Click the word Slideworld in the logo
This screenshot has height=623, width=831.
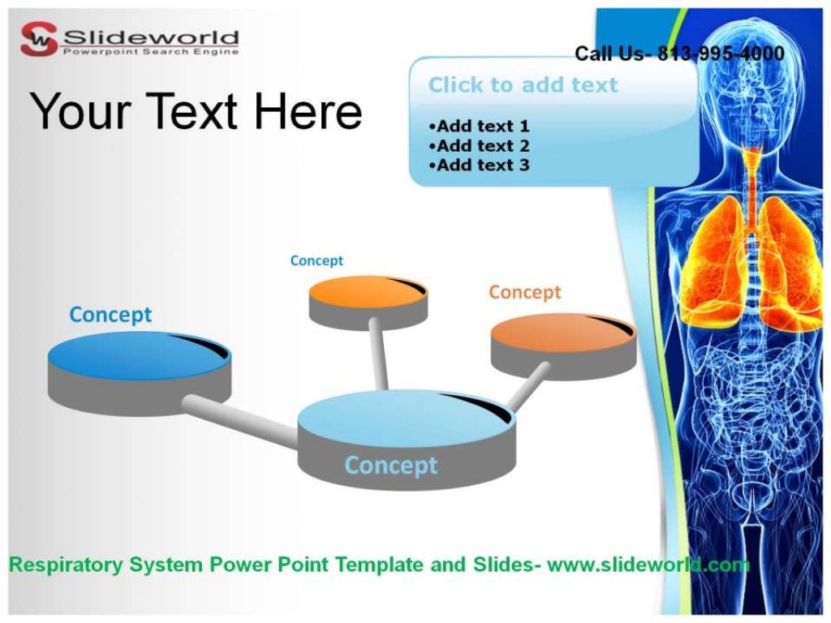[x=151, y=37]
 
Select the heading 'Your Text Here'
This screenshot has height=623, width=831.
[x=196, y=111]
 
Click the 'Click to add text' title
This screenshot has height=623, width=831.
[x=523, y=84]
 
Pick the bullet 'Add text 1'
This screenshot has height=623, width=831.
[x=480, y=126]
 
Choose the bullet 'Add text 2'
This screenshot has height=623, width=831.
[x=480, y=146]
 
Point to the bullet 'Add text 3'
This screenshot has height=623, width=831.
[x=480, y=165]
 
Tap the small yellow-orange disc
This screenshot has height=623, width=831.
[x=367, y=291]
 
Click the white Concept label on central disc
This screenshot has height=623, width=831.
[x=390, y=465]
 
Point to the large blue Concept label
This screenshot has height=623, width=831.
[x=110, y=315]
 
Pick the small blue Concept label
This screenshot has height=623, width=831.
[x=316, y=260]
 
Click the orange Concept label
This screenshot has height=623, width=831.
[x=524, y=292]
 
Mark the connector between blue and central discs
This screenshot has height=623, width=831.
[x=239, y=420]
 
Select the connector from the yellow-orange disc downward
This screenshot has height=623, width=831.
[x=378, y=354]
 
